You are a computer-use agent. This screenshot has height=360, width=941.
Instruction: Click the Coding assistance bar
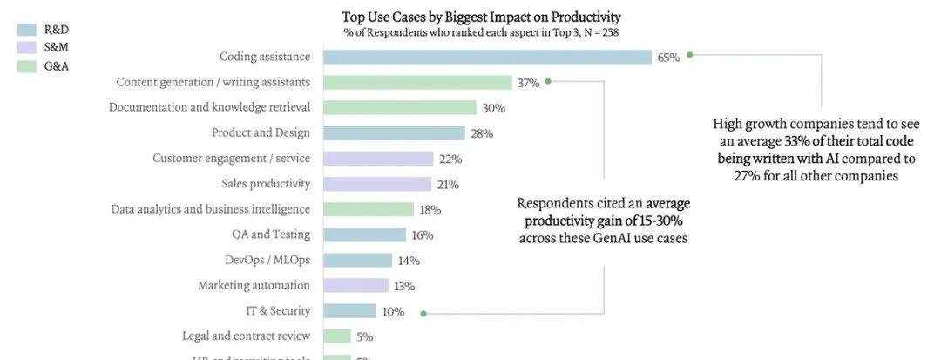click(487, 57)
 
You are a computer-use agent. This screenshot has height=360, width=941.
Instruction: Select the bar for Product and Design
click(394, 133)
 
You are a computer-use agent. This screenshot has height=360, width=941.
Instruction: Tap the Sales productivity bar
click(377, 184)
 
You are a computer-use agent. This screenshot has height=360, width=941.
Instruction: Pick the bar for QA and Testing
click(364, 234)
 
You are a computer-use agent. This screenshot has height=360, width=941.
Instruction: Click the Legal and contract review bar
click(337, 336)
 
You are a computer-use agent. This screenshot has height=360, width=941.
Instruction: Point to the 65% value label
click(668, 58)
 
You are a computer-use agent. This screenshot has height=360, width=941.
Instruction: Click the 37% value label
click(528, 83)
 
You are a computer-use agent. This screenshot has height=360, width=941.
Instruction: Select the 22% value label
click(450, 159)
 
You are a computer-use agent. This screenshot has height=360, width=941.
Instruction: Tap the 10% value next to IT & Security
click(392, 311)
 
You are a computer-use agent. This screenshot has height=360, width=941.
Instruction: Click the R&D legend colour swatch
click(25, 30)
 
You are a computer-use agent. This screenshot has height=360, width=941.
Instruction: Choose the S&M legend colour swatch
click(25, 47)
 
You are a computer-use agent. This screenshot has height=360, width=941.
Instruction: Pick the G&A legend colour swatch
click(25, 65)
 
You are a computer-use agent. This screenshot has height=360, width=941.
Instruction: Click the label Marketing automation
click(254, 285)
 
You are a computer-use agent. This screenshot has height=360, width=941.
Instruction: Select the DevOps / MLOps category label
click(267, 260)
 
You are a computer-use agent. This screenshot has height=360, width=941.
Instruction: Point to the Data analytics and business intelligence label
click(210, 209)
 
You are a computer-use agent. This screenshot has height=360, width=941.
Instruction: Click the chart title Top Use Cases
click(481, 17)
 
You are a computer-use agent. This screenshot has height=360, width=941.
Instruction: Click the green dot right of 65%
click(689, 54)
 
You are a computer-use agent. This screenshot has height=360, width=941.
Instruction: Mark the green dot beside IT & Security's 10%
click(423, 313)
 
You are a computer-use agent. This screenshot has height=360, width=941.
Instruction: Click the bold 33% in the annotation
click(798, 141)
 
